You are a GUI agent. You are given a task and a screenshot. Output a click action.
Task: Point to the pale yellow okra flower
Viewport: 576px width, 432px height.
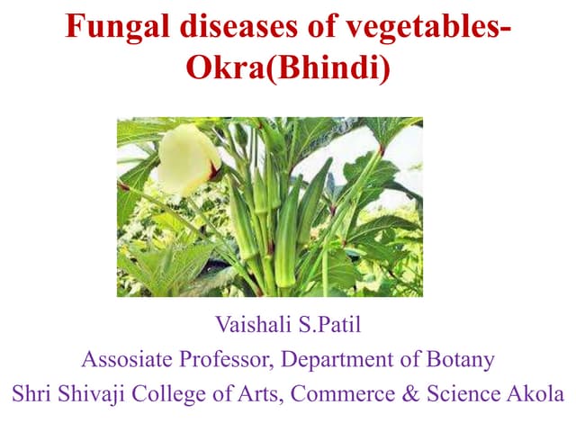(188, 161)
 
